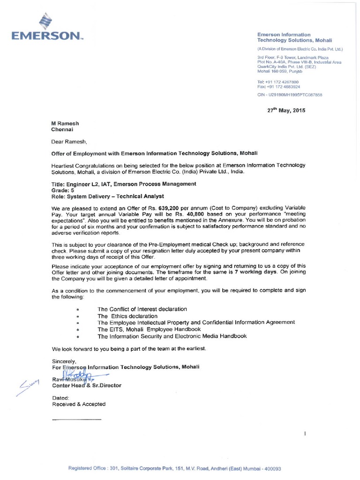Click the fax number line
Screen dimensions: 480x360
(278, 87)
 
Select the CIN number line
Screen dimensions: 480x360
(290, 95)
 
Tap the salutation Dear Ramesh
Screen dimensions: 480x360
(69, 141)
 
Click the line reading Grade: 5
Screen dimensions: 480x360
(63, 190)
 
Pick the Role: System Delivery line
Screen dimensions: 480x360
(108, 196)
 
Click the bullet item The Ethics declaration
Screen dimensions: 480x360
(127, 316)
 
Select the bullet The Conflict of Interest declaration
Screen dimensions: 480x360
(142, 309)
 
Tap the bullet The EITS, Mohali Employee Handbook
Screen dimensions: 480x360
(149, 330)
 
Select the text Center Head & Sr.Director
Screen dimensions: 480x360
(87, 385)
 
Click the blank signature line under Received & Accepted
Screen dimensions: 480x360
(76, 419)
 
